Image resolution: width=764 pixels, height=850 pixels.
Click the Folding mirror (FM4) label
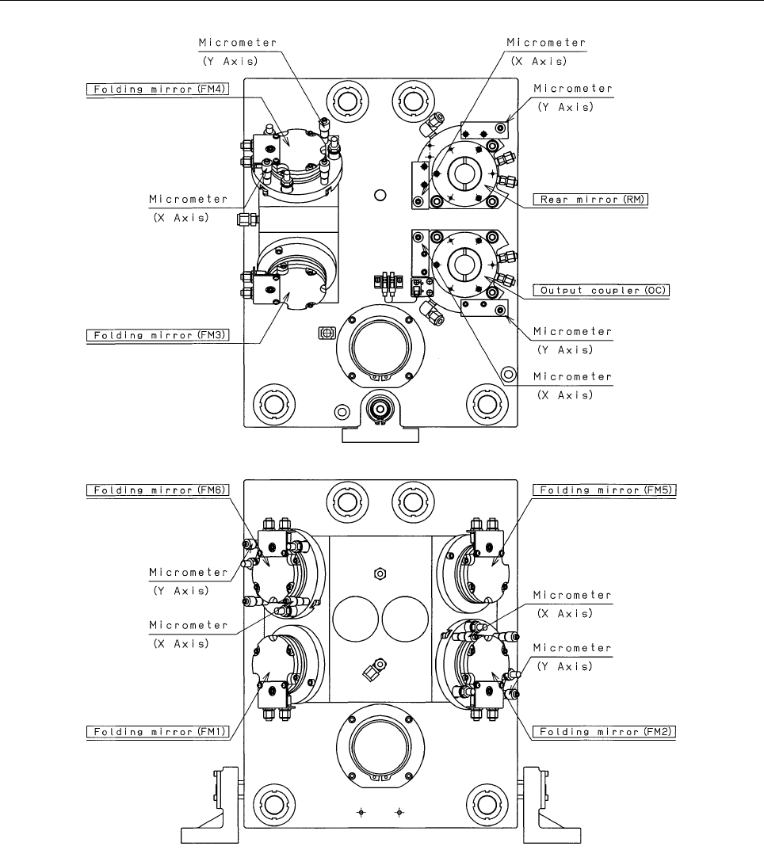point(158,90)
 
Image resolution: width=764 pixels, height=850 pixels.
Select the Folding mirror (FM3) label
point(158,336)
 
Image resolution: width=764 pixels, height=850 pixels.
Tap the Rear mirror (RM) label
point(590,200)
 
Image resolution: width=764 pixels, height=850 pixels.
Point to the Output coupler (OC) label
point(601,290)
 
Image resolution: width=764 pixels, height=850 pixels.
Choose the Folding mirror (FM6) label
point(158,490)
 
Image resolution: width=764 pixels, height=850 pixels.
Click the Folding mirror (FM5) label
point(605,490)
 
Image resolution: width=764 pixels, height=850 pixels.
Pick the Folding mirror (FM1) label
point(158,732)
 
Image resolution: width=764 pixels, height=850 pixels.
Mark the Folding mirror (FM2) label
point(605,732)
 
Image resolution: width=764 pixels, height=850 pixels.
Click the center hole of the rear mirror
point(464,173)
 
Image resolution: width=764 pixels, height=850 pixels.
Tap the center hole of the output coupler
point(464,264)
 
